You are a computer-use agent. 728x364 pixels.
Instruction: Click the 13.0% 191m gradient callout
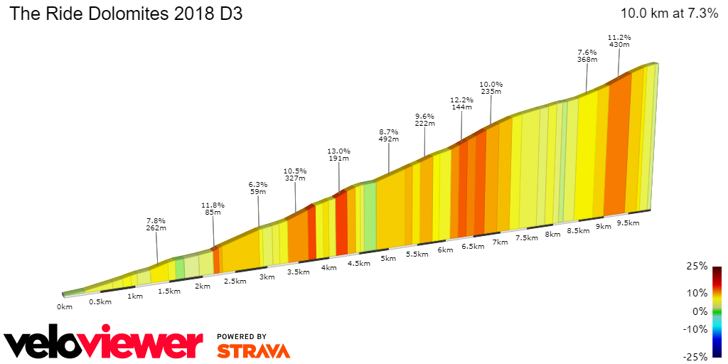[339, 154]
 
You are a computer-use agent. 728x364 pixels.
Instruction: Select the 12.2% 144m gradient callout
[461, 102]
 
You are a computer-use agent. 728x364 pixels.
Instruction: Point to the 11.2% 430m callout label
[619, 41]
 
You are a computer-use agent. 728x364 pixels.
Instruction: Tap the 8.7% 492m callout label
[388, 135]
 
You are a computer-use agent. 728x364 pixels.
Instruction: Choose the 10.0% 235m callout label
[491, 86]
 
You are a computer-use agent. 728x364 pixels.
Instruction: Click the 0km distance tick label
[65, 307]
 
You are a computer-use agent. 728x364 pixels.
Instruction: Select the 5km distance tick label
[387, 258]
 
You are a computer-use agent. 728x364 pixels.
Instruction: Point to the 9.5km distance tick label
[628, 223]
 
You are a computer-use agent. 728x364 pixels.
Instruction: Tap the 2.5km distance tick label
[235, 281]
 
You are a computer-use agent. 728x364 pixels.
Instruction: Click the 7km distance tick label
[500, 242]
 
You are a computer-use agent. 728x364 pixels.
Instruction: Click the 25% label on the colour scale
[697, 266]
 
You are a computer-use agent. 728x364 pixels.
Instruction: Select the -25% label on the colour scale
[696, 356]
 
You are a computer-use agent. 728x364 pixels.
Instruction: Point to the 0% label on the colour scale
[700, 311]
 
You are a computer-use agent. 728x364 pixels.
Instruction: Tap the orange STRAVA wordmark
[253, 350]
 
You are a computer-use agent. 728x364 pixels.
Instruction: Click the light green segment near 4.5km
[370, 217]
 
